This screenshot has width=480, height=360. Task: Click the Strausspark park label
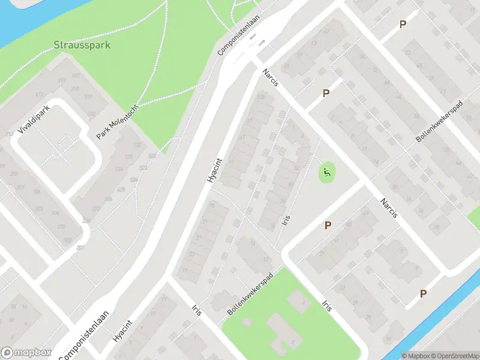tap(82, 45)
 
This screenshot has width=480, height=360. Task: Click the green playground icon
tap(327, 173)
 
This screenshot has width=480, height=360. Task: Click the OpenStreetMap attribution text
tap(455, 356)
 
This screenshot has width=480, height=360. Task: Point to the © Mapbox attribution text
tap(415, 356)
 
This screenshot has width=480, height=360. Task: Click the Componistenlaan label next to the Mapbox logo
tap(85, 334)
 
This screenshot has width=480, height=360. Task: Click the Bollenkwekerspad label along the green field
tap(250, 295)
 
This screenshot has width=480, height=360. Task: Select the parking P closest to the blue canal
tap(424, 293)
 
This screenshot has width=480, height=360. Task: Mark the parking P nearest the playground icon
tap(328, 225)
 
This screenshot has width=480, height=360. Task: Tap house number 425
tap(121, 190)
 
